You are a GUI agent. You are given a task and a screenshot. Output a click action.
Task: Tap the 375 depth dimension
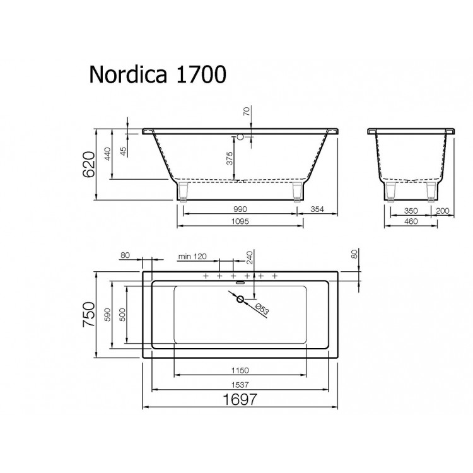(230, 158)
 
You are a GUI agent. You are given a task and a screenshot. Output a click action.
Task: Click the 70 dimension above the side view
(246, 113)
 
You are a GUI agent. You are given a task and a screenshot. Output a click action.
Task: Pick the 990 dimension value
(240, 209)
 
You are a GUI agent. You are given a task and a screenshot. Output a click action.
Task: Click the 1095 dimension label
(240, 221)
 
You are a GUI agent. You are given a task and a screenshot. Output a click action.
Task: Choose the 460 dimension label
(412, 221)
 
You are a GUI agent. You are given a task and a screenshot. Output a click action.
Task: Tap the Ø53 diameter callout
(262, 310)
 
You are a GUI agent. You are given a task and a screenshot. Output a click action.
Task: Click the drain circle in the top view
(240, 300)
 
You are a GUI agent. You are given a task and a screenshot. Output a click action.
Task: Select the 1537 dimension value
(240, 384)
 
